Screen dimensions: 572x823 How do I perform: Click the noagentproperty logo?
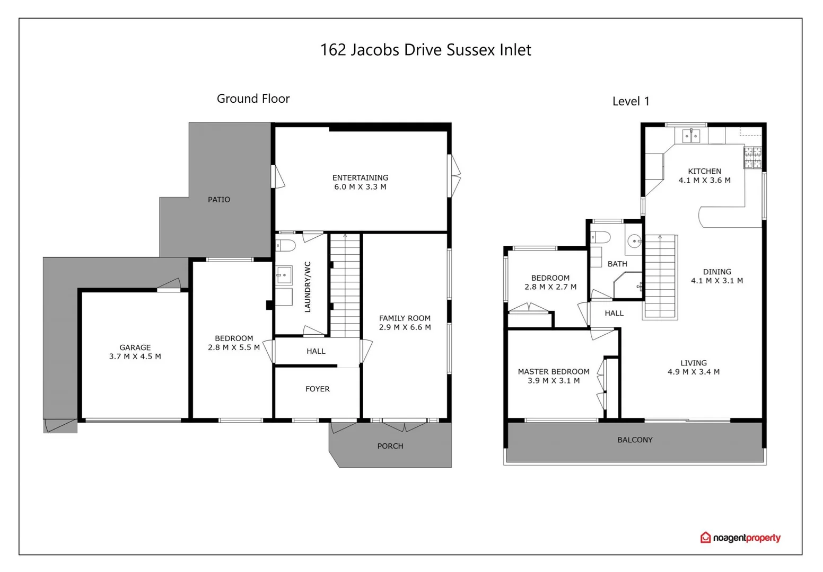(x=740, y=538)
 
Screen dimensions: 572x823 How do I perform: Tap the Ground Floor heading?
(x=253, y=99)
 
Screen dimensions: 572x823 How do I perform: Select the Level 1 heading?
(x=631, y=101)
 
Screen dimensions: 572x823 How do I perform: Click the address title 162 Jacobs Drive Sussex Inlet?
(x=425, y=50)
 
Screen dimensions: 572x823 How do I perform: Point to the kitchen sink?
(x=691, y=136)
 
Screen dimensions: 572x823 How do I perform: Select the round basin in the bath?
(x=634, y=242)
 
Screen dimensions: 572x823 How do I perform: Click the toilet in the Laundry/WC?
(x=285, y=245)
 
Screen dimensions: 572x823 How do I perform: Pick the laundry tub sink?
(x=284, y=275)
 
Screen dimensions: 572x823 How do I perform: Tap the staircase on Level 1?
(x=660, y=276)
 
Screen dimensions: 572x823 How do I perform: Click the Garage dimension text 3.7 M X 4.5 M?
(x=135, y=356)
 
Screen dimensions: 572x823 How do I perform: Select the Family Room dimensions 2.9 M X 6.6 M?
(x=405, y=327)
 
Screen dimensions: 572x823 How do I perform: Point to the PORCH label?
(x=390, y=446)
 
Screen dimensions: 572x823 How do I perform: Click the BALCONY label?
(x=635, y=440)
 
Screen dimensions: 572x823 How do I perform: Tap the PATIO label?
(x=219, y=200)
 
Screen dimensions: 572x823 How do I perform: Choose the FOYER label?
(x=318, y=389)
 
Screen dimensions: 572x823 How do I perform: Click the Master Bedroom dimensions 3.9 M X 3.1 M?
(x=554, y=381)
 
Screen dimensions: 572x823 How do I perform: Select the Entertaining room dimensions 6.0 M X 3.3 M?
(x=360, y=187)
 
